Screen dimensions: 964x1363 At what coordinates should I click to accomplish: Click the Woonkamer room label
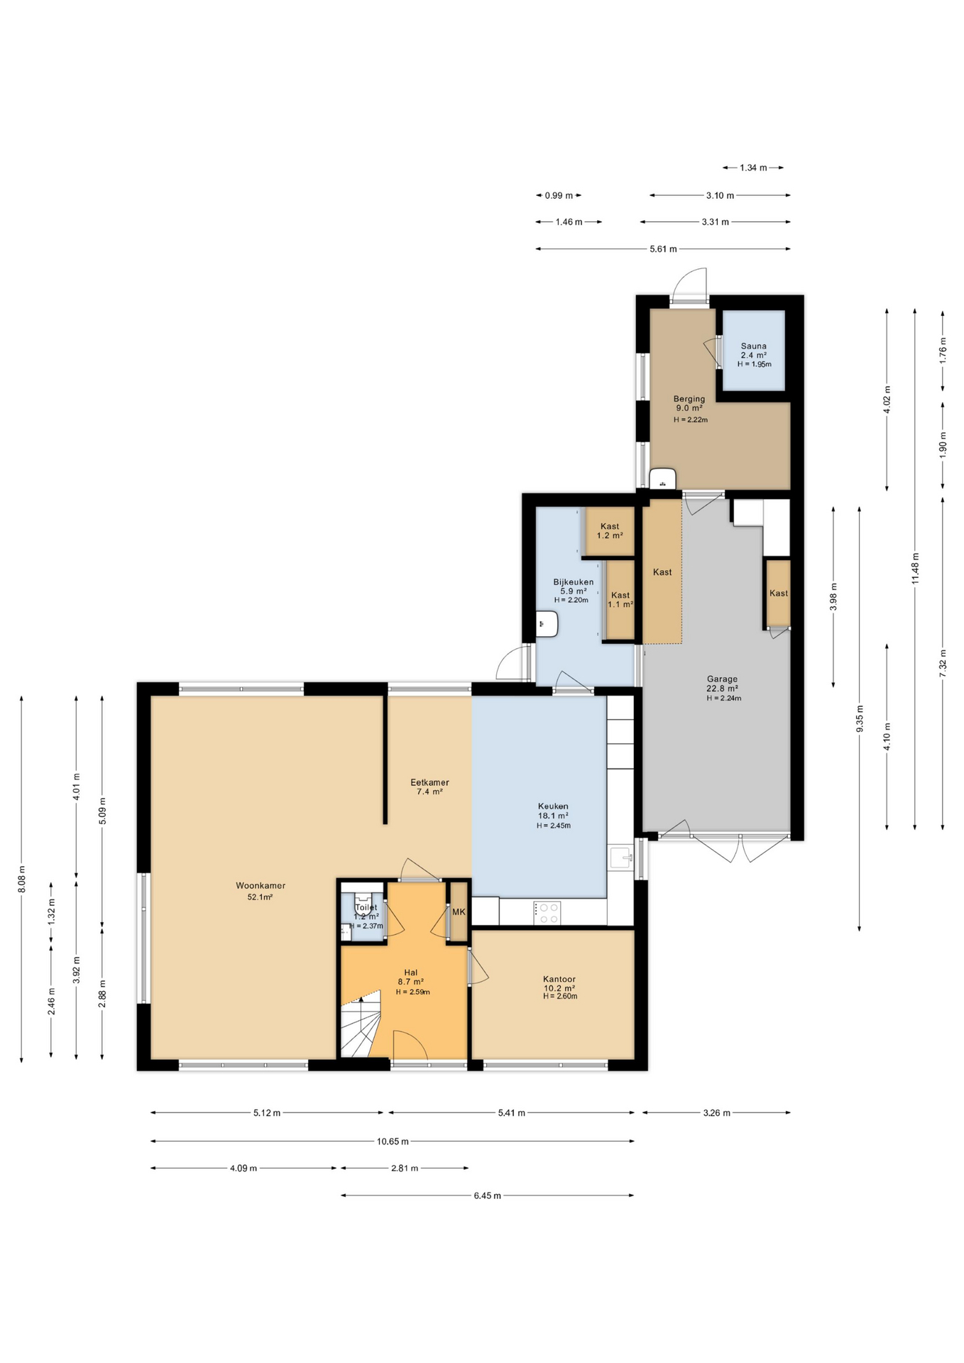(x=261, y=885)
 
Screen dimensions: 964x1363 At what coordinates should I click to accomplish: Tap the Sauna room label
(x=753, y=346)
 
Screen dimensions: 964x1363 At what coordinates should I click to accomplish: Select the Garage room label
(x=722, y=679)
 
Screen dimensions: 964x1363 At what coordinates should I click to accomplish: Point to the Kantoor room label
(x=559, y=979)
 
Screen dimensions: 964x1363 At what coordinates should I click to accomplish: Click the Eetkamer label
(x=429, y=782)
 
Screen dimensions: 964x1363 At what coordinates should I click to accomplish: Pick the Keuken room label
(x=553, y=806)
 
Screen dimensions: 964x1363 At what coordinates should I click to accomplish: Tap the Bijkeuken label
(x=574, y=582)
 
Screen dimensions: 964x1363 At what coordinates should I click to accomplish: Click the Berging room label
(x=689, y=399)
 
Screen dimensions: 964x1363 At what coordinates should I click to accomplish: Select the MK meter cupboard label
(x=459, y=912)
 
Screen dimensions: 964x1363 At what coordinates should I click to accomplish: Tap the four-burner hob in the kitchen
(x=547, y=913)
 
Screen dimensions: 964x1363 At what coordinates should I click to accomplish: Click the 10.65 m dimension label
(x=393, y=1142)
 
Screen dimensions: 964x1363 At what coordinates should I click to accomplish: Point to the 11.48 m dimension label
(x=915, y=569)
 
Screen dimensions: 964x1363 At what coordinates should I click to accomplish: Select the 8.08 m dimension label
(x=22, y=879)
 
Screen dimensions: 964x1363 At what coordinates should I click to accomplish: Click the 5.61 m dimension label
(x=663, y=249)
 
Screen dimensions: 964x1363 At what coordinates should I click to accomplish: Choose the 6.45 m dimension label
(x=488, y=1195)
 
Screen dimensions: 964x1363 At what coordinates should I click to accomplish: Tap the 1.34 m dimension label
(x=753, y=168)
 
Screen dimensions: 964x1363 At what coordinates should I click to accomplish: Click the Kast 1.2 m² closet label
(x=610, y=531)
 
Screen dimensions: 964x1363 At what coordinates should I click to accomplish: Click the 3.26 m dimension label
(x=716, y=1113)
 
